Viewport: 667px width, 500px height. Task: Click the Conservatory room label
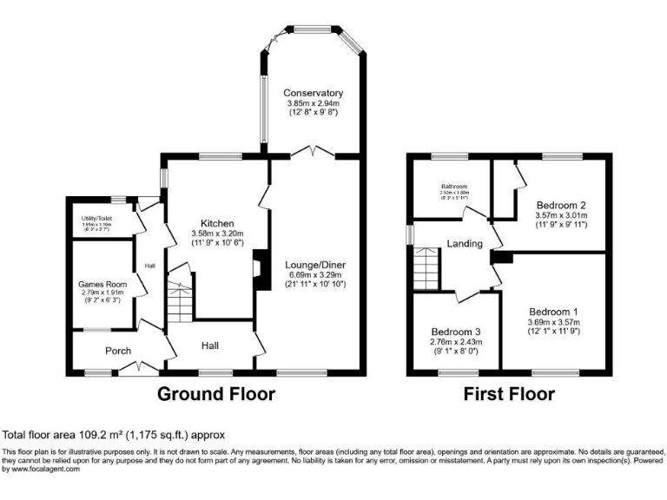[313, 93]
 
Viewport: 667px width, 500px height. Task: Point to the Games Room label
[102, 284]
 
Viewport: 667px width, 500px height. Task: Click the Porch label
[118, 351]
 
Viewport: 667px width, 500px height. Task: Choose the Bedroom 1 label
[552, 312]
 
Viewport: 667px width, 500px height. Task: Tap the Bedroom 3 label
[456, 332]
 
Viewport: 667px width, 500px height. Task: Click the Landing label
[465, 244]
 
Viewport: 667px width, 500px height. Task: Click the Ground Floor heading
[215, 394]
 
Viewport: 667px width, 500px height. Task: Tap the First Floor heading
[508, 394]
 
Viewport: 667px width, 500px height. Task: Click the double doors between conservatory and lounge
[313, 154]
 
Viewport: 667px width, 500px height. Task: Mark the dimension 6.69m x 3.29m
[314, 274]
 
